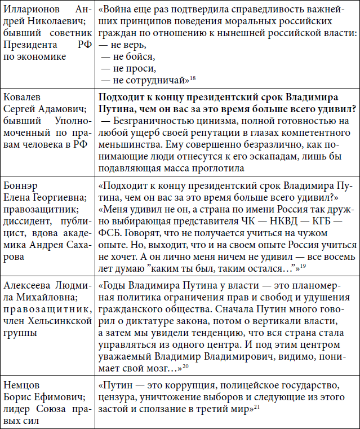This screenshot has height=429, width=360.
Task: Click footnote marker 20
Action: [x=185, y=367]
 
